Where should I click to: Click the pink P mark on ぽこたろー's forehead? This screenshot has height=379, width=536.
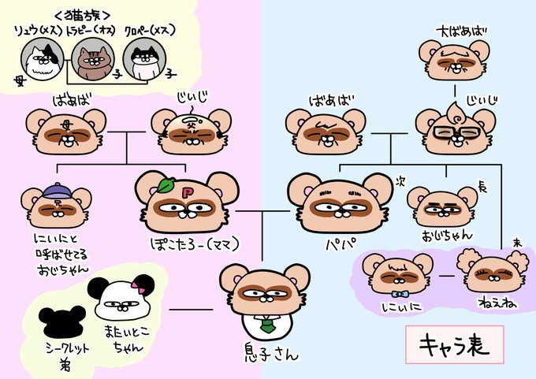(188, 191)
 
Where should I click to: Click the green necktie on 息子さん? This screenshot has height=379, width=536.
(266, 324)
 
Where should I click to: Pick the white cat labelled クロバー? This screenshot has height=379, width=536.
(145, 60)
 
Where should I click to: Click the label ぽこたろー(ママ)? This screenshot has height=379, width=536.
(189, 241)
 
